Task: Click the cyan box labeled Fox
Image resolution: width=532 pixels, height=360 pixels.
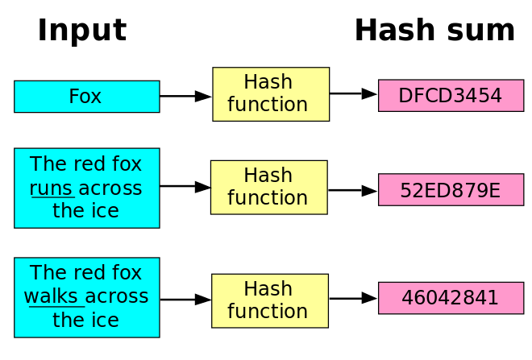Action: (x=86, y=97)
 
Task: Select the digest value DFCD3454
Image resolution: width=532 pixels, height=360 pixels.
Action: (x=451, y=96)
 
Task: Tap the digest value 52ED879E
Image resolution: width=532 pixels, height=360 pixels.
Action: (x=451, y=190)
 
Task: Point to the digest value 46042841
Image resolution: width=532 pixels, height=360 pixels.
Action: (x=451, y=298)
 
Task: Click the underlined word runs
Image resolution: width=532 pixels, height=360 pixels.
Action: (x=52, y=188)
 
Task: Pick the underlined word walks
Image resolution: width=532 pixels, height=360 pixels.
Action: (x=52, y=296)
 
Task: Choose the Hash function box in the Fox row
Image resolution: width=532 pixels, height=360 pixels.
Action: (x=271, y=94)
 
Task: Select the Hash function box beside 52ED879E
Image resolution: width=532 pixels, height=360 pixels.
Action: (x=268, y=188)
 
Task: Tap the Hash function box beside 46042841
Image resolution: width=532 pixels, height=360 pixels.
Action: (x=269, y=301)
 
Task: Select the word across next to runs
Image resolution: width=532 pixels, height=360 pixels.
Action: (x=110, y=188)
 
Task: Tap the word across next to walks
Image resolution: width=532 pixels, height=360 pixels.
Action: (x=117, y=296)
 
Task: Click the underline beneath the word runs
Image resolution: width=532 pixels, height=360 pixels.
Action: (x=52, y=197)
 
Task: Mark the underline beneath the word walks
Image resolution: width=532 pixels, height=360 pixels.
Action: (x=53, y=307)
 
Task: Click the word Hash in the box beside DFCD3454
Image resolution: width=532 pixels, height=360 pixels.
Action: (x=268, y=82)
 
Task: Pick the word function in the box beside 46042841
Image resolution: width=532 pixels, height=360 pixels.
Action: (x=268, y=312)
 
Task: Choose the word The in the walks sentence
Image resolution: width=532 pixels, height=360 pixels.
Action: (x=46, y=273)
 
